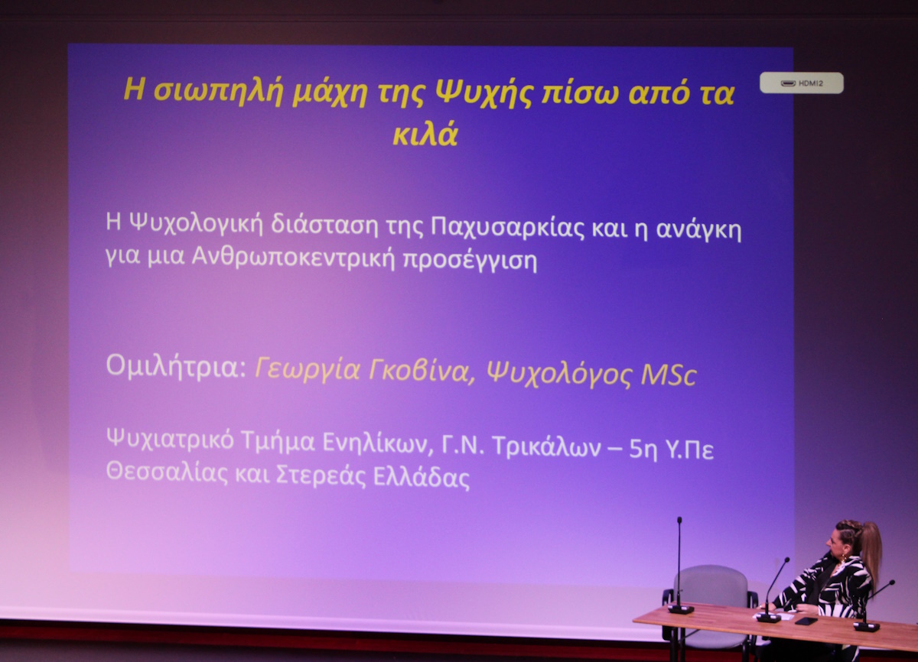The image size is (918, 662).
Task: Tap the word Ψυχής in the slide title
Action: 483,93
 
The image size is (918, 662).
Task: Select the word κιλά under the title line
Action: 425,134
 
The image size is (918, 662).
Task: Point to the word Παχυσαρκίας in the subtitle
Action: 507,229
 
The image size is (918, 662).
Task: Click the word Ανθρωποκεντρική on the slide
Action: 294,258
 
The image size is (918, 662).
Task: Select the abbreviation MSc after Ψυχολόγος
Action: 669,375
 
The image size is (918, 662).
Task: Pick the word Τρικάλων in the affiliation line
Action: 546,447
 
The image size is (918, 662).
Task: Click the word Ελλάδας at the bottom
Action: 422,476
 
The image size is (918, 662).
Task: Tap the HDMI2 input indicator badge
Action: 801,83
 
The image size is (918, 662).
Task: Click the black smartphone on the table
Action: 806,621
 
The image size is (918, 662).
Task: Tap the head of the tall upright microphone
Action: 679,521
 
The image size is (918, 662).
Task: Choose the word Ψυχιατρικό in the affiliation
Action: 171,440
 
